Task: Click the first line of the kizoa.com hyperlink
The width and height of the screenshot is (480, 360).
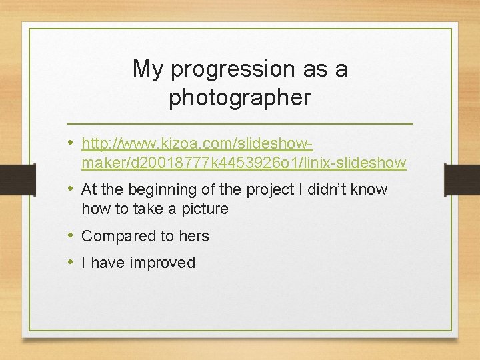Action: click(197, 143)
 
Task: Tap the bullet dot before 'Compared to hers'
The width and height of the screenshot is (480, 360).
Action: click(71, 236)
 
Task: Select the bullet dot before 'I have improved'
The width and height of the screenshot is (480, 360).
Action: click(71, 263)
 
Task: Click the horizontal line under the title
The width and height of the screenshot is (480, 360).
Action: click(240, 124)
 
